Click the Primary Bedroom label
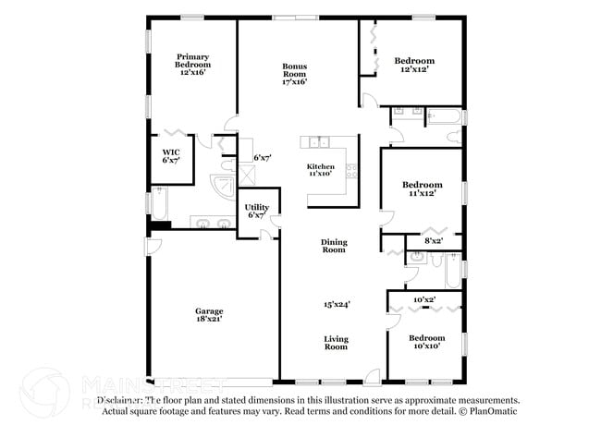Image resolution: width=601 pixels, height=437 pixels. pos(193,64)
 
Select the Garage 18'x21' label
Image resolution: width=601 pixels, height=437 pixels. pos(208,314)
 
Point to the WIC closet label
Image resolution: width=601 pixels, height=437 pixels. pos(171,155)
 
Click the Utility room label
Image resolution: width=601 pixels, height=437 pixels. pos(256,211)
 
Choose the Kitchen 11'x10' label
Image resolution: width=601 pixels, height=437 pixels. pos(321,169)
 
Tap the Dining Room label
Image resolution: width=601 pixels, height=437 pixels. pos(334,246)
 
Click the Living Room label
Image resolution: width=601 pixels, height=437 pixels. pos(336,342)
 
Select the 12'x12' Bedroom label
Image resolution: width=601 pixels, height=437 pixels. pos(413,66)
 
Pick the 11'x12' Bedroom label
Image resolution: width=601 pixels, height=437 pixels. pos(421,188)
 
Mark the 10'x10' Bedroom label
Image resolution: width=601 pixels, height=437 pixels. pos(426,342)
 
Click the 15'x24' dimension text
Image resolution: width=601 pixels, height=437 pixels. pos(336,303)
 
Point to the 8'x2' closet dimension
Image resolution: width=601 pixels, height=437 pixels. pos(434,240)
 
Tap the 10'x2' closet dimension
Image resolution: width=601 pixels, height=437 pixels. pos(424,299)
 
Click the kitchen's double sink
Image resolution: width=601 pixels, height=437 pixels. pos(319,141)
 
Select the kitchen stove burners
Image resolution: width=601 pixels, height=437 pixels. pos(350,170)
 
